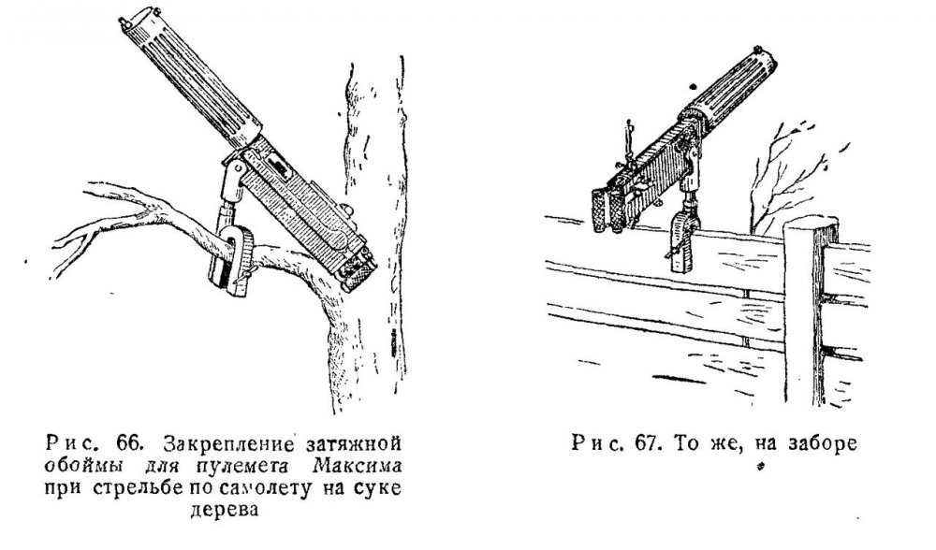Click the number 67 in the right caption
click(642, 443)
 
